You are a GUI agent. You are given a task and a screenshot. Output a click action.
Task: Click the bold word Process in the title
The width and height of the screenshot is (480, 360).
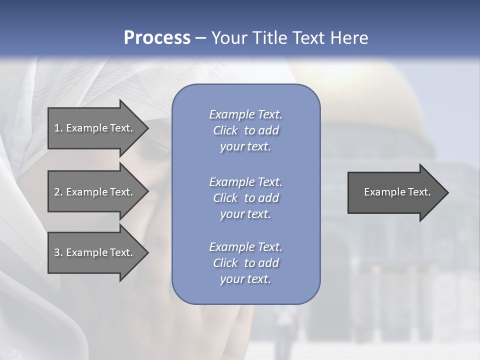click(157, 38)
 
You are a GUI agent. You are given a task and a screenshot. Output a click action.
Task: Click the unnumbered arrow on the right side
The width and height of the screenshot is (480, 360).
click(395, 192)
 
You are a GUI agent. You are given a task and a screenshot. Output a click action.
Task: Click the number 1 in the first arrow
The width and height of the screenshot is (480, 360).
click(57, 128)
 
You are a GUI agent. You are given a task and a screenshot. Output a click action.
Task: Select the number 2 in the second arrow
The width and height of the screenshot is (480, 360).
click(57, 192)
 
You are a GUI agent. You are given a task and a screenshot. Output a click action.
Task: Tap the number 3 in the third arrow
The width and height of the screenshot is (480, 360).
click(57, 252)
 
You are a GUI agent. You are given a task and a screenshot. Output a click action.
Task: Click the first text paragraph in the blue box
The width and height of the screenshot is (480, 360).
click(245, 130)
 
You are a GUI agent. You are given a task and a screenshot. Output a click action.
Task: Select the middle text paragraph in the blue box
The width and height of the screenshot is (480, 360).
click(245, 198)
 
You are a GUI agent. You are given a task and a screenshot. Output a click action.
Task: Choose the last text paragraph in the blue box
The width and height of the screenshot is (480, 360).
click(245, 263)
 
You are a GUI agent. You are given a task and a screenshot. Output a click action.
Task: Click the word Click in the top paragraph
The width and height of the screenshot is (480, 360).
click(225, 131)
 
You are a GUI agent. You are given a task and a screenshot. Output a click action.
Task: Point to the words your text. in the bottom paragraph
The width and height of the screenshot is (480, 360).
click(245, 279)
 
